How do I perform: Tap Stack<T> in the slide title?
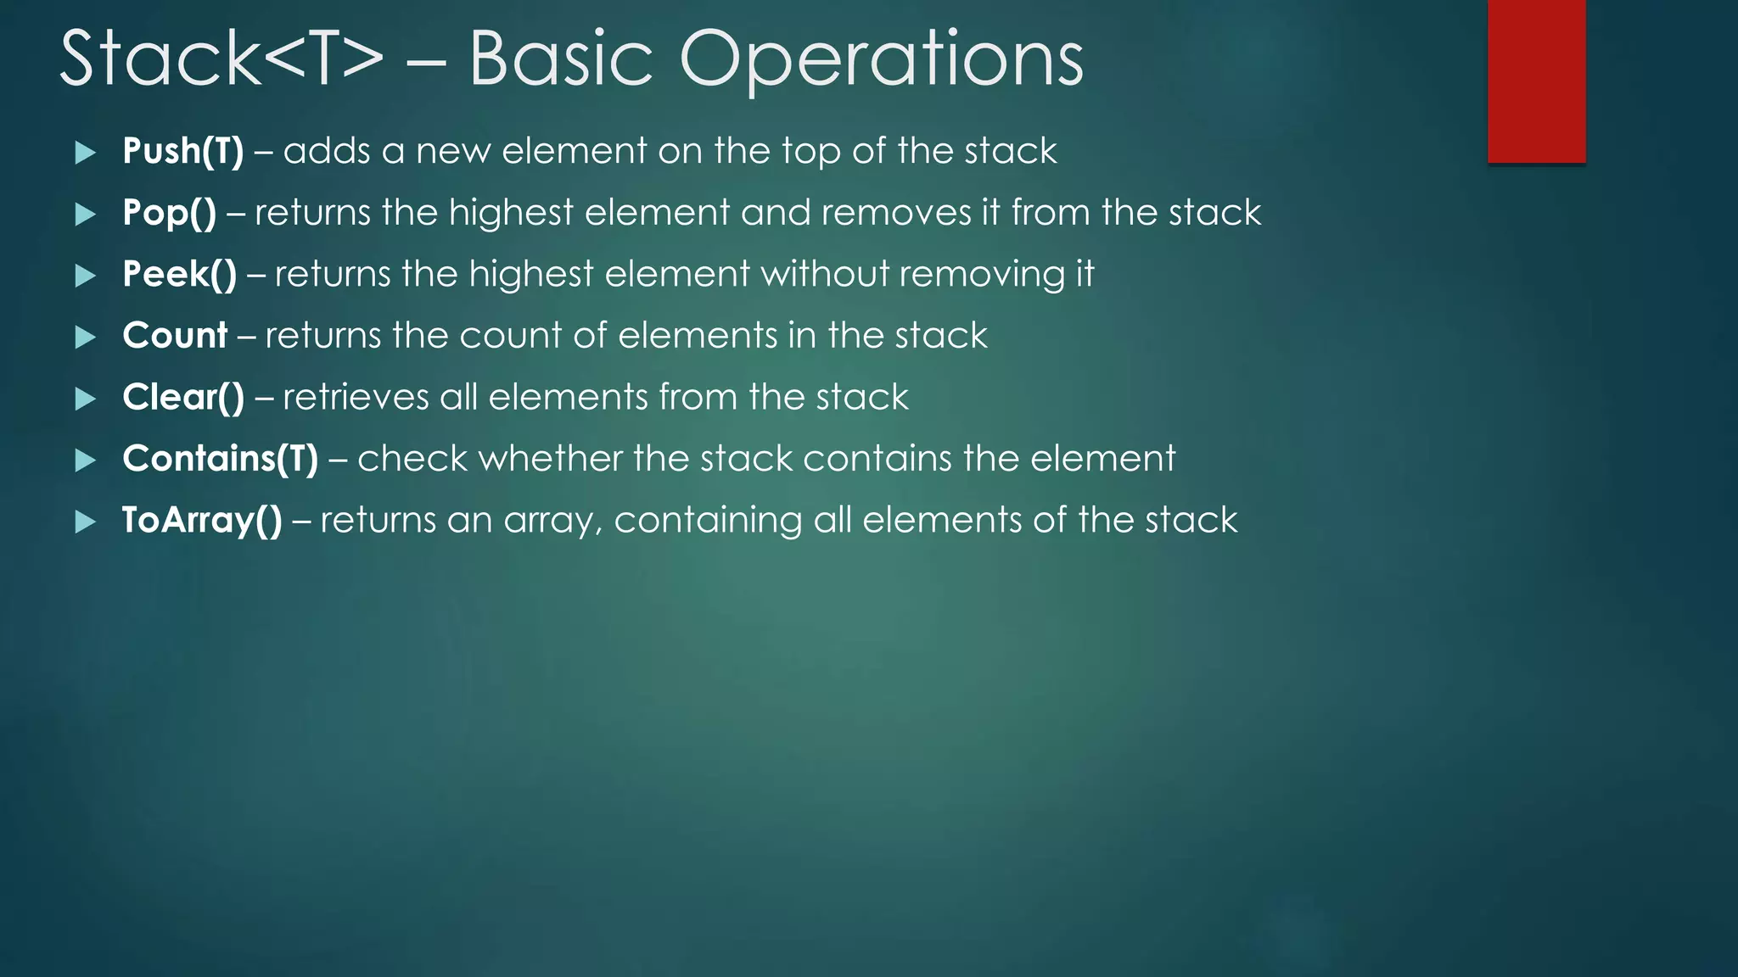coord(221,59)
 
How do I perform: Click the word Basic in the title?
coord(561,59)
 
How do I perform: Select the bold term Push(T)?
coord(182,152)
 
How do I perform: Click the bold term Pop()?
coord(169,213)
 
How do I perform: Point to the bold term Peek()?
coord(179,275)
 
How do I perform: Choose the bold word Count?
coord(175,336)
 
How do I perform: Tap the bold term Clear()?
coord(182,398)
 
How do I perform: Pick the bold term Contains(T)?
coord(220,459)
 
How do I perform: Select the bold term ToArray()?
coord(201,521)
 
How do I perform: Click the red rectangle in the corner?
coord(1536,81)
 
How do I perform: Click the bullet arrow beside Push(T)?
coord(85,153)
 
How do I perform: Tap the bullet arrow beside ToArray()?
coord(85,522)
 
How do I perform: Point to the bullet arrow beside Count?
coord(85,338)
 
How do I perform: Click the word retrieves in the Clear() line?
coord(356,398)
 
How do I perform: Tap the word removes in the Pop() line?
coord(895,213)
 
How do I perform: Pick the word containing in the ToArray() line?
coord(708,521)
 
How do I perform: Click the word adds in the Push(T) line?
coord(327,152)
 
